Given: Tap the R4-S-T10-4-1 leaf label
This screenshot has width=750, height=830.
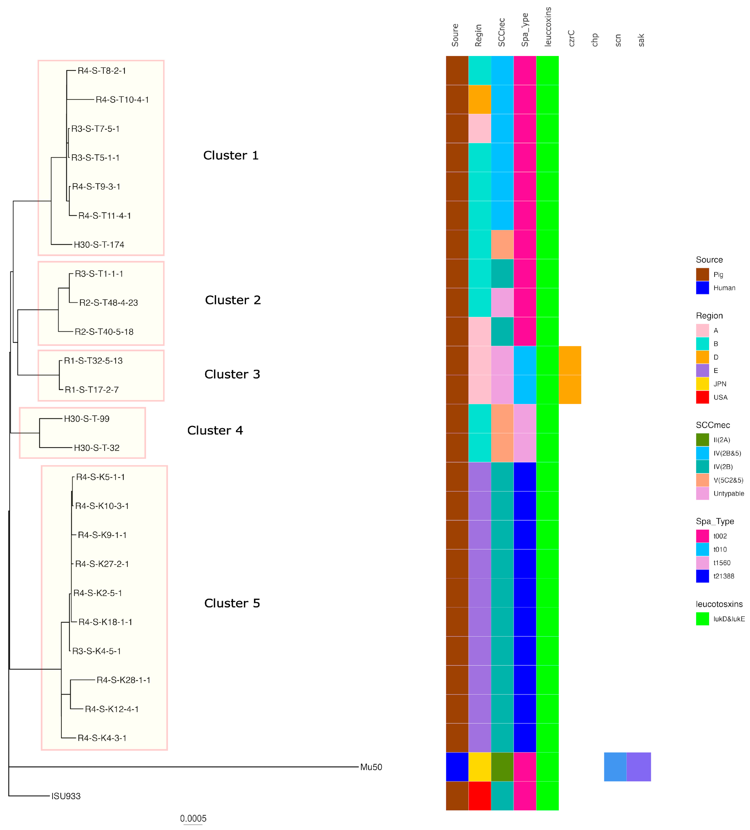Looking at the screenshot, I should [122, 100].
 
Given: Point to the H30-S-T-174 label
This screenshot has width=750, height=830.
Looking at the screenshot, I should [99, 245].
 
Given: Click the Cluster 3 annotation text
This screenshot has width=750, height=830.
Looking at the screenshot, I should [232, 374].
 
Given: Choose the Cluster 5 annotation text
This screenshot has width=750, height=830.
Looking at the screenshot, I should [232, 603].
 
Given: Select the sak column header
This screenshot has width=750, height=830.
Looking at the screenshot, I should [641, 40].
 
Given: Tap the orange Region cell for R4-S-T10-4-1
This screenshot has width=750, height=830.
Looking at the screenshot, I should [480, 99].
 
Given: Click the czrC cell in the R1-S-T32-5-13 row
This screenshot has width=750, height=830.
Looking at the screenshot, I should [570, 360].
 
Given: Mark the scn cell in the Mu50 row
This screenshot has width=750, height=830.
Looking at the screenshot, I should [615, 767].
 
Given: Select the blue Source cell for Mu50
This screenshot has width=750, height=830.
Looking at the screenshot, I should [457, 767].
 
